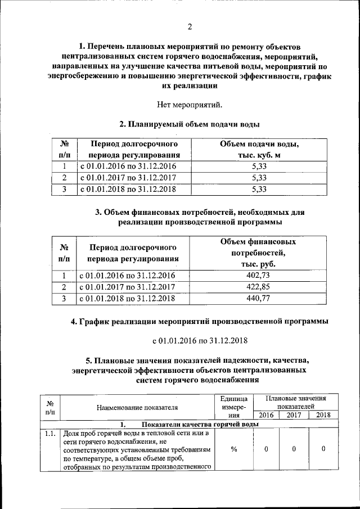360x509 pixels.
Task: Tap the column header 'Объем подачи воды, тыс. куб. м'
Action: click(259, 150)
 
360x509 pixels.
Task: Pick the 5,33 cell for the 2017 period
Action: click(259, 178)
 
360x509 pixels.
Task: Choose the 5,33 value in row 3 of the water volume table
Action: click(259, 190)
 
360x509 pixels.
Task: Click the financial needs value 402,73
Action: click(259, 275)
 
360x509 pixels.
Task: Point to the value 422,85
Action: click(259, 287)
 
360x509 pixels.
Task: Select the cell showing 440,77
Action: click(259, 299)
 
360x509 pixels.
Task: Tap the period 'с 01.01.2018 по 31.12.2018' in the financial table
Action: click(127, 299)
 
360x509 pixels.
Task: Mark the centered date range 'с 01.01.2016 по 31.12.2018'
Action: click(200, 341)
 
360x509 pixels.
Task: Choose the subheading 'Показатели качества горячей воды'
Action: click(200, 424)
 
